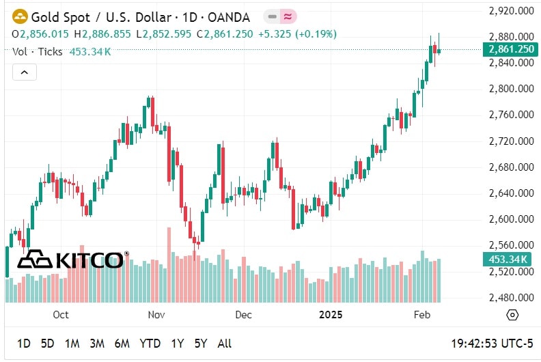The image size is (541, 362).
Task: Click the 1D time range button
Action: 23,344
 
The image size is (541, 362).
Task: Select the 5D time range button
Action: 47,344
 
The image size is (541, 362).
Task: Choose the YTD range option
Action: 150,344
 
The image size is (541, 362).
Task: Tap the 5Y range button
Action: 201,344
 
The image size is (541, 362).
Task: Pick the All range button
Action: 224,344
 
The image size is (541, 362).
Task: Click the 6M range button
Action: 122,344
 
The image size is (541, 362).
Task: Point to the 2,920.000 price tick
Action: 512,11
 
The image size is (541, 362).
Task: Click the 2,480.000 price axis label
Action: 512,298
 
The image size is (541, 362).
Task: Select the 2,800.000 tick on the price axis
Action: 512,89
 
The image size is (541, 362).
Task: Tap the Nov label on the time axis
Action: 157,316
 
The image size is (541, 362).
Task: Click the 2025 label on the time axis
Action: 331,316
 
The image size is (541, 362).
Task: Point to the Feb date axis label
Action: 422,316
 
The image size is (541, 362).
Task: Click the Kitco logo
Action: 72,260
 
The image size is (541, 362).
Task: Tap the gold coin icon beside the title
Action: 20,17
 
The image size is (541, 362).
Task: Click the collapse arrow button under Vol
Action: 24,72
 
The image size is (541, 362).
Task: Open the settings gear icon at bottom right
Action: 512,316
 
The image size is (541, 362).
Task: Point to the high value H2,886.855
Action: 102,33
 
